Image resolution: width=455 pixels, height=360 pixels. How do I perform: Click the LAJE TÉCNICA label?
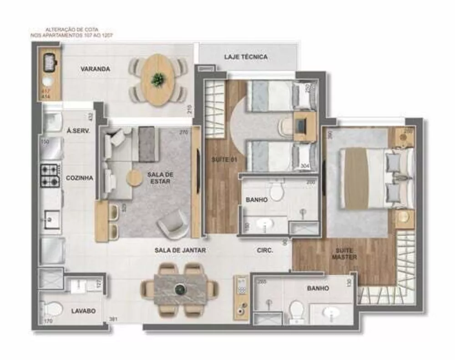[x=246, y=57]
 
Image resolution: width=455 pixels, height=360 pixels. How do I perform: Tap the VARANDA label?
[x=96, y=69]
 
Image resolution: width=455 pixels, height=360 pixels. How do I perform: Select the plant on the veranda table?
[x=158, y=80]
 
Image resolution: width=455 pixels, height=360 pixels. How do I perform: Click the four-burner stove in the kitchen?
[x=50, y=175]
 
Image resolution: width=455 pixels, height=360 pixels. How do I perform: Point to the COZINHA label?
[x=80, y=178]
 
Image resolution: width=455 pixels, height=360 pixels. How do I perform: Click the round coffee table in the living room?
[x=135, y=178]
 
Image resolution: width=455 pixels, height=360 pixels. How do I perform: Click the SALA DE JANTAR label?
[x=181, y=250]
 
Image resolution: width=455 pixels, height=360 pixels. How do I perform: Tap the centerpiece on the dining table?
[x=181, y=288]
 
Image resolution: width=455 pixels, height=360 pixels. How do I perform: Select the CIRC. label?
[x=265, y=250]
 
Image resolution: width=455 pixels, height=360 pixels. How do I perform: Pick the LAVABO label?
[x=84, y=311]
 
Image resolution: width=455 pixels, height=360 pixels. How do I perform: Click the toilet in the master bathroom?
[x=296, y=311]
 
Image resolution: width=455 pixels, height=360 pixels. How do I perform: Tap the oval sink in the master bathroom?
[x=331, y=313]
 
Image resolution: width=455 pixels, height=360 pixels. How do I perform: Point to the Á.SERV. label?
[x=78, y=131]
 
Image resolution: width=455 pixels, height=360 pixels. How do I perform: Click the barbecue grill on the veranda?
[x=48, y=63]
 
